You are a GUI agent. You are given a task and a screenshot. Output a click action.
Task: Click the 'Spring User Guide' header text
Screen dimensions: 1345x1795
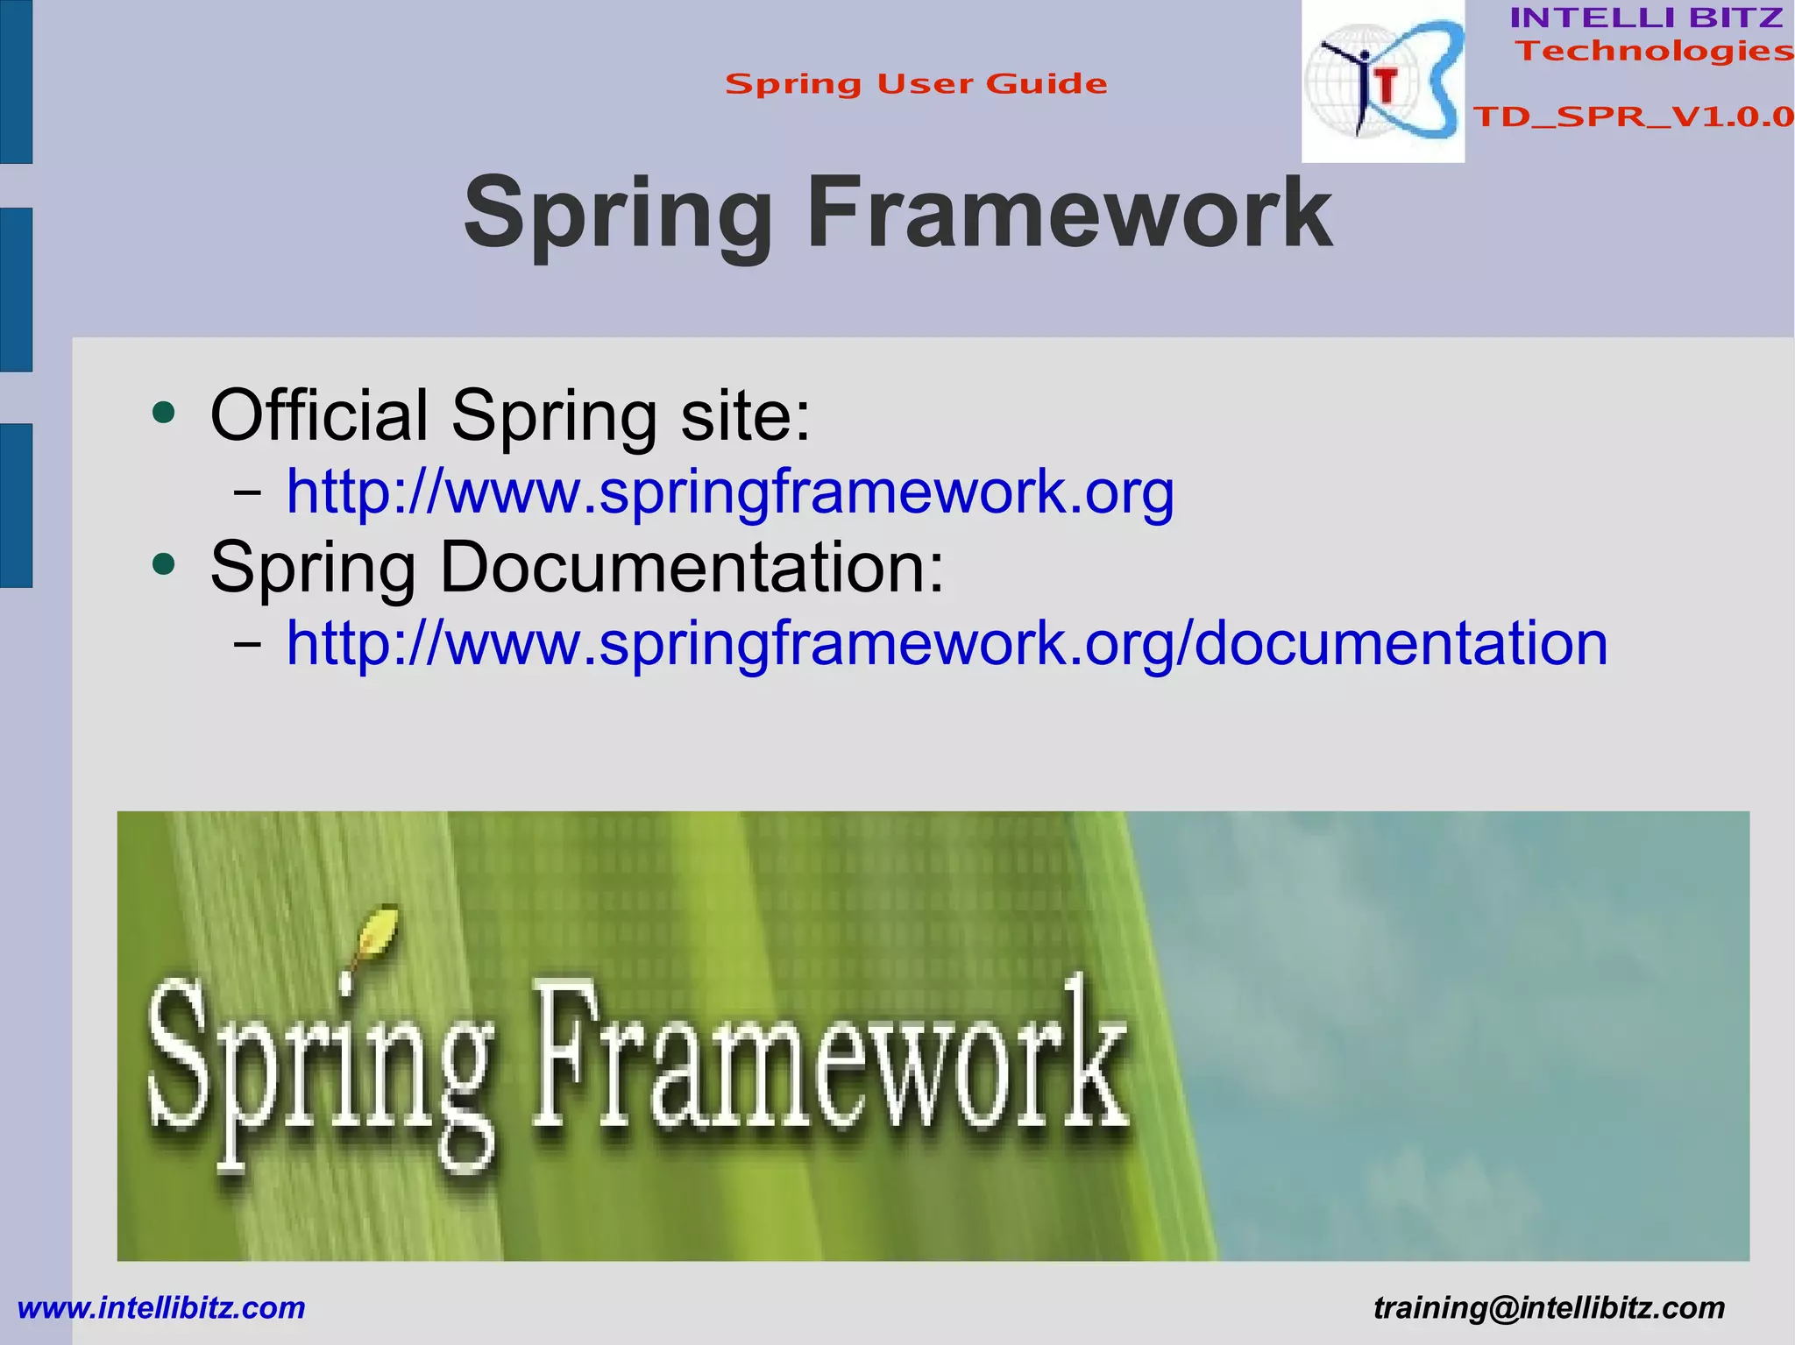[916, 84]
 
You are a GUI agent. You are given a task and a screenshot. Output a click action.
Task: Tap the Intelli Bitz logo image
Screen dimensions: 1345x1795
[1382, 81]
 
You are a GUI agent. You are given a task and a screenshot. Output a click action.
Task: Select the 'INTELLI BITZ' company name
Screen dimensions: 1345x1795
[1646, 18]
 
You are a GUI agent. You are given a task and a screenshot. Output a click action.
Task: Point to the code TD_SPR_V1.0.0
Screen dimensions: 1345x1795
[1633, 117]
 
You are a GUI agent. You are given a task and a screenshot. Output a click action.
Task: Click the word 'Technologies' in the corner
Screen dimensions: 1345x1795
[1655, 51]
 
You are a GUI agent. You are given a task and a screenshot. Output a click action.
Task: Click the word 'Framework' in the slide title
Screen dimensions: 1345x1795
[1068, 214]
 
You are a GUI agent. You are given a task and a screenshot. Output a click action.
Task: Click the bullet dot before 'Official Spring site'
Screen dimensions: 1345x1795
[164, 412]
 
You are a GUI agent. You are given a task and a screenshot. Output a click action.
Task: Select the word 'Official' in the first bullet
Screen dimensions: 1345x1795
[320, 414]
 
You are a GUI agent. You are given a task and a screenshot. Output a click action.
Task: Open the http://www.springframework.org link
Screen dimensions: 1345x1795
[730, 492]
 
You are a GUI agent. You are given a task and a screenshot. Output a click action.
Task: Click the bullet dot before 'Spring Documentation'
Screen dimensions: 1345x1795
[164, 563]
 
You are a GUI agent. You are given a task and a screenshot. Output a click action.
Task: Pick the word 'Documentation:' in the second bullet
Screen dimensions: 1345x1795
[692, 568]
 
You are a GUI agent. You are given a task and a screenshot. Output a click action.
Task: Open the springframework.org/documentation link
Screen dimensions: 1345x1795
[947, 644]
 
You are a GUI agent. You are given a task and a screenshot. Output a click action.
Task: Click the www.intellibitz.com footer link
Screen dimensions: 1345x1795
[161, 1308]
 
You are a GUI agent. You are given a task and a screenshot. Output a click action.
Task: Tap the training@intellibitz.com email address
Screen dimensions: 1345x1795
[1549, 1308]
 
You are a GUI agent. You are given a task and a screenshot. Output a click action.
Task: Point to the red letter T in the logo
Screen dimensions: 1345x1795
[1386, 86]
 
